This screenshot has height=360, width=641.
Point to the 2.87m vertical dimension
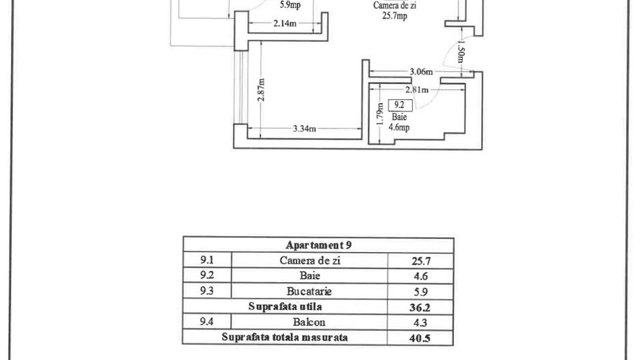click(x=262, y=89)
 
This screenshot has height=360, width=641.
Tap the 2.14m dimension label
click(x=284, y=24)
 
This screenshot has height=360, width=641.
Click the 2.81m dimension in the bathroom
click(x=417, y=89)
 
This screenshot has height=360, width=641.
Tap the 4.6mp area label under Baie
click(x=398, y=127)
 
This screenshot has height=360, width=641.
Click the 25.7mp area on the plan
click(x=394, y=16)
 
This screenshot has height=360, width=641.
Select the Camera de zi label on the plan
click(x=395, y=5)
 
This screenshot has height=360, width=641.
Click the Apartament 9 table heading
click(x=318, y=245)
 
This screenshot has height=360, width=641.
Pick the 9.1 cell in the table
click(x=206, y=260)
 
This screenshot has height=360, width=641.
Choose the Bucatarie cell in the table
click(x=310, y=291)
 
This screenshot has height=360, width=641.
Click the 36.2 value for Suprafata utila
click(x=420, y=307)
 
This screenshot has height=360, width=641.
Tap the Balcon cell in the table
click(x=310, y=322)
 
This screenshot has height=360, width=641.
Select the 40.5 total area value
click(x=420, y=338)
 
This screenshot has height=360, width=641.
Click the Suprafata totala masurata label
click(x=284, y=337)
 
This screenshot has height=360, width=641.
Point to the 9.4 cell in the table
click(x=206, y=322)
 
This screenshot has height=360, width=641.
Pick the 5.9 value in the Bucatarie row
click(x=420, y=291)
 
